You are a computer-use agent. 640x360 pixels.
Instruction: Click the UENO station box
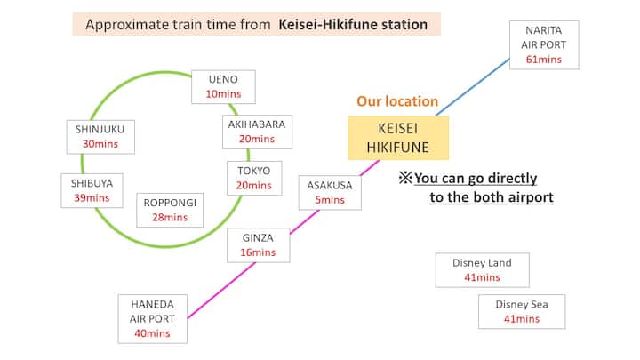223,86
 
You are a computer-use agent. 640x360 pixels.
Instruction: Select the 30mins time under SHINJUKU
100,144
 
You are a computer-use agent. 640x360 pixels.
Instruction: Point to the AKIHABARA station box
256,132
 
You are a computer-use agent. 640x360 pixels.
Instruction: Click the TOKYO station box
254,177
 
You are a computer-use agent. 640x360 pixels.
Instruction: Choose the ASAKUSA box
330,192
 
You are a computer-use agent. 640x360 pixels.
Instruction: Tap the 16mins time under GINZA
259,252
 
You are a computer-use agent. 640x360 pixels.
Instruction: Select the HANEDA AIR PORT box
152,317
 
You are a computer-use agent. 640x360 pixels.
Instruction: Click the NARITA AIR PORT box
544,44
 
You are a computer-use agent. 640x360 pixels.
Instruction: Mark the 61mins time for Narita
544,60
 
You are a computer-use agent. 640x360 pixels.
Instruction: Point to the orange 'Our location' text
397,102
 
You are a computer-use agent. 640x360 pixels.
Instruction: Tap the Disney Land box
482,269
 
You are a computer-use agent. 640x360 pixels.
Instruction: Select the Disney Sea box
521,311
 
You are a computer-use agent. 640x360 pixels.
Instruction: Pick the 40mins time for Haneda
152,333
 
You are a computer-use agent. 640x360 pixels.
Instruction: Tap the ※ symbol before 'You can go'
404,179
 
